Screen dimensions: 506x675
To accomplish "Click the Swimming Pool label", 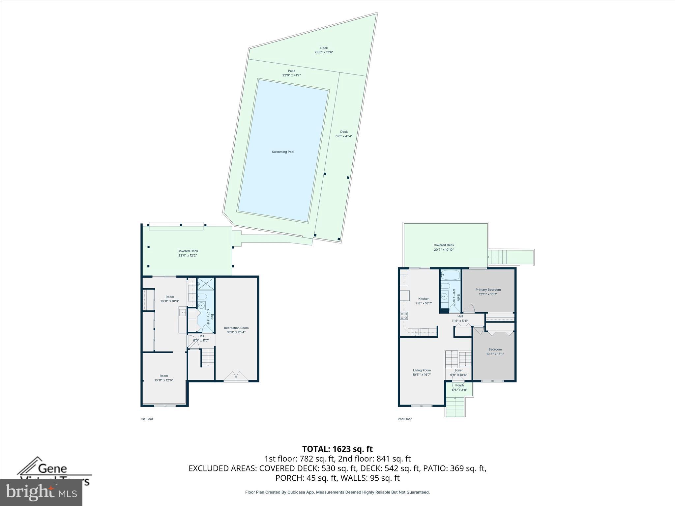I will coord(283,152).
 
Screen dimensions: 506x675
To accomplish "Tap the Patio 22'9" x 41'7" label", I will coord(291,73).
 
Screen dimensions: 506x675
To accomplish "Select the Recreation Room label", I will coord(236,330).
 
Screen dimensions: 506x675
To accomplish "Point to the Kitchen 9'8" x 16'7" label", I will coord(424,301).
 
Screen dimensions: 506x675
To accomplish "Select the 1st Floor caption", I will coord(147,419).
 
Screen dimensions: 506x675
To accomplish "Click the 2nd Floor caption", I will coord(405,419).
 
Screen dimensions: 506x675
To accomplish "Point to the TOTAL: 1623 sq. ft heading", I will coord(337,449).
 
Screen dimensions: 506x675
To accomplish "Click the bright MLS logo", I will coord(41,492).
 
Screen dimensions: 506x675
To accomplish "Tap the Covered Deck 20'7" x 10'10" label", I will coord(444,247).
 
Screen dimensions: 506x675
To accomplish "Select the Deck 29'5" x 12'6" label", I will coord(324,50).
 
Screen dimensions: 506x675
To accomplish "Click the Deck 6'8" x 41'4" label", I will coord(344,134).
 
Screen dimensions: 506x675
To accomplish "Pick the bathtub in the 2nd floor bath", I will coord(451,274).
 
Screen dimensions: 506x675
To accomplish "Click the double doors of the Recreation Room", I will coord(236,376).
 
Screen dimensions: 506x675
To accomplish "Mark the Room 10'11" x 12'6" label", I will coord(164,378).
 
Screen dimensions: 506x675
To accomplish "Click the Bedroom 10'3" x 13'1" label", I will coord(495,351).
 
